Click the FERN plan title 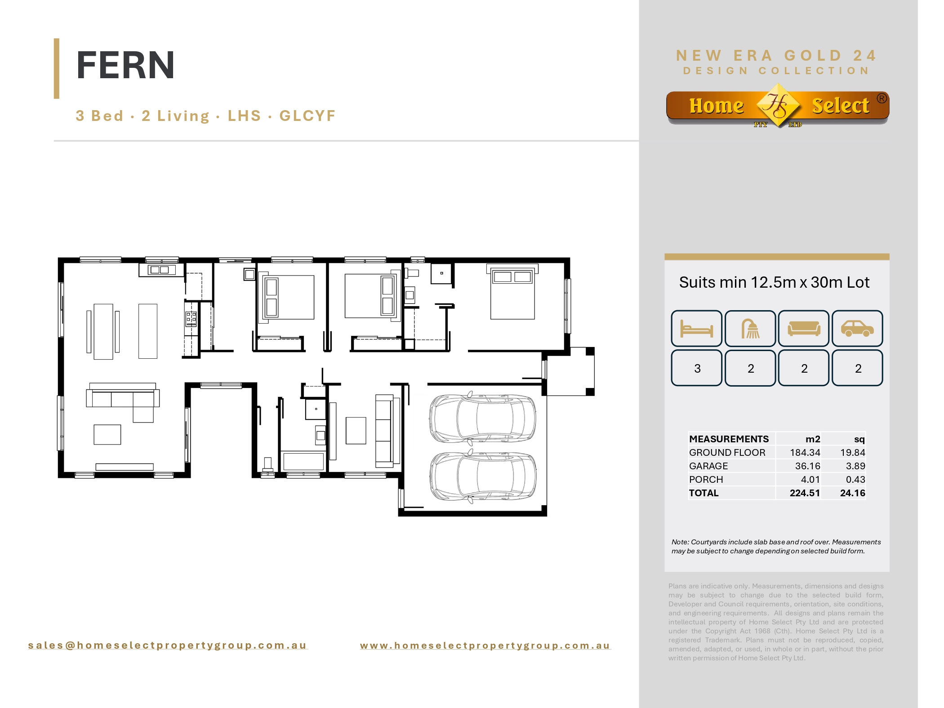(x=125, y=65)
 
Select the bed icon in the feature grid (x=696, y=328)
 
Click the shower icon (x=750, y=328)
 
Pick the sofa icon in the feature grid (x=804, y=328)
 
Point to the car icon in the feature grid (x=857, y=328)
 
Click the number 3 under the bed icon (x=697, y=369)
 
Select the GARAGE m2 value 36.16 (x=807, y=466)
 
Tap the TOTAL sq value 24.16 (x=852, y=493)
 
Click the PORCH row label (x=706, y=480)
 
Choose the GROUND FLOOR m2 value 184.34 (x=805, y=453)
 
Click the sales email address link (x=167, y=646)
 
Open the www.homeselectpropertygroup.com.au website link (x=485, y=646)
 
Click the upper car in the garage (x=482, y=418)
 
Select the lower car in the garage (x=482, y=476)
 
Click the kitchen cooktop (x=191, y=318)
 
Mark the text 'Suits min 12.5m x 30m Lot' (x=774, y=282)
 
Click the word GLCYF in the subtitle (x=307, y=116)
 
